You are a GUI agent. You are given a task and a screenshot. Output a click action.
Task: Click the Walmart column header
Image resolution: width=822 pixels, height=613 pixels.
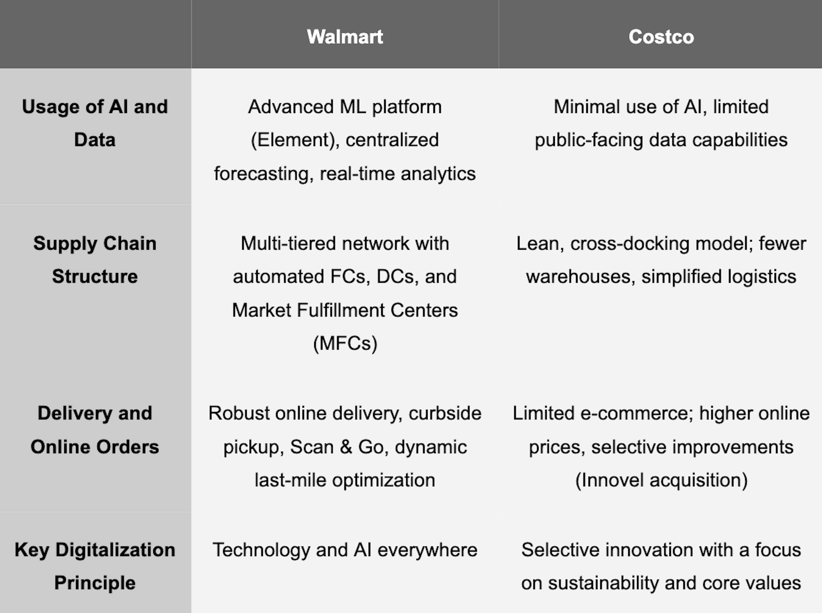[x=345, y=37]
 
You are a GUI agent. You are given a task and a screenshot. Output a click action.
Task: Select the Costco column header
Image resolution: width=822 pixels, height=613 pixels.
[x=661, y=37]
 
